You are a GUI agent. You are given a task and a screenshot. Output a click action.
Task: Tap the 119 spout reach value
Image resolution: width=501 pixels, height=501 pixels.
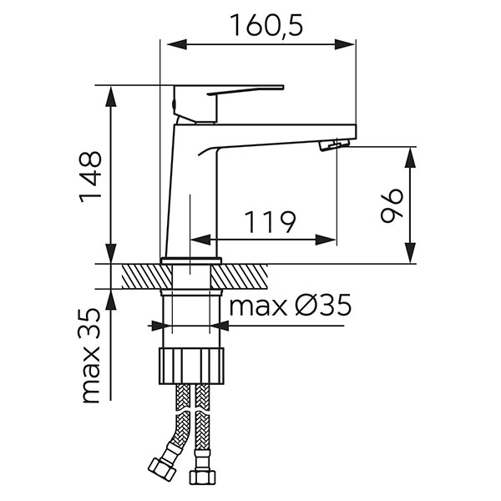[x=270, y=222]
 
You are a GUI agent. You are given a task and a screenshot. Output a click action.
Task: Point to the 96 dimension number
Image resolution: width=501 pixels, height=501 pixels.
[x=391, y=205]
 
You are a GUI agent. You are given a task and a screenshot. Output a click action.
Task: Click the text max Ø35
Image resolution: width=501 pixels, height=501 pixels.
[x=289, y=306]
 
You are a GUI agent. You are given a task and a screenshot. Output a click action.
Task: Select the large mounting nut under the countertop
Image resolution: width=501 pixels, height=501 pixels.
[x=191, y=367]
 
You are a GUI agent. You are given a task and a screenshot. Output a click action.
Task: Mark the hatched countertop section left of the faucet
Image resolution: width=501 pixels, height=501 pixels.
[x=140, y=276]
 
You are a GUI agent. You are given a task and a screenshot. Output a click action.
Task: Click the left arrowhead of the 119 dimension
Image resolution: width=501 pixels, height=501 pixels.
[x=196, y=240]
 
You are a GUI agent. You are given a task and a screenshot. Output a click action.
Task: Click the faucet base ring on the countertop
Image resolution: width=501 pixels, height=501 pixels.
[x=191, y=261]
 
